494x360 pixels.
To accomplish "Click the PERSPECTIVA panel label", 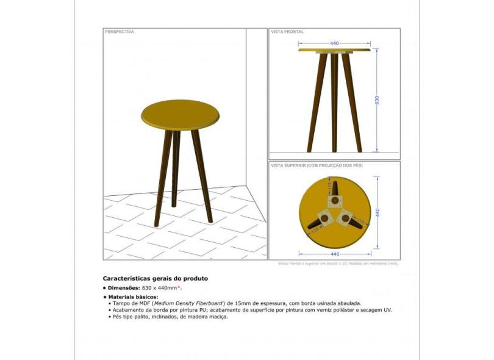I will (120, 32).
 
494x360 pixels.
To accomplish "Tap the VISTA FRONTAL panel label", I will (287, 32).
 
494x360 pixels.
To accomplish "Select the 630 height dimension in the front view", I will (377, 100).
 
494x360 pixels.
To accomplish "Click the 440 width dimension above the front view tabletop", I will (334, 43).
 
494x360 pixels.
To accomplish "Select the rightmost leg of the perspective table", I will (202, 174).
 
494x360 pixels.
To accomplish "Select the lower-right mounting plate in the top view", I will (346, 217).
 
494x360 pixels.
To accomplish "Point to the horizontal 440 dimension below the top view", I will (334, 253).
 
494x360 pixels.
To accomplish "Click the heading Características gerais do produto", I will (155, 278).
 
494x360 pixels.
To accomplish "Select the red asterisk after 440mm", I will (179, 287).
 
